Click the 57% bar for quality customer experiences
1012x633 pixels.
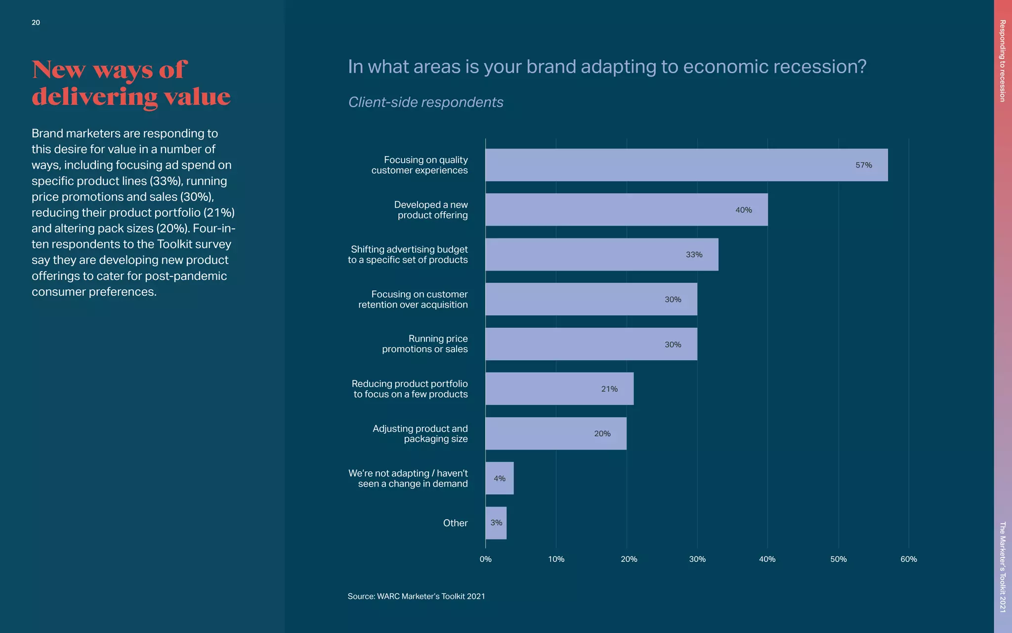pyautogui.click(x=686, y=165)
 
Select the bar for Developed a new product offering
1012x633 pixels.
pyautogui.click(x=626, y=210)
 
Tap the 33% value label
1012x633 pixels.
pyautogui.click(x=694, y=255)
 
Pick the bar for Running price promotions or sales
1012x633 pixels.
pyautogui.click(x=591, y=344)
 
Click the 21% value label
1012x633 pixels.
pyautogui.click(x=609, y=389)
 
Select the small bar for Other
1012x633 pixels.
pyautogui.click(x=496, y=523)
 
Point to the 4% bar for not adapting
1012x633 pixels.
pyautogui.click(x=499, y=478)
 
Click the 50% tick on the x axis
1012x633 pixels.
pyautogui.click(x=838, y=559)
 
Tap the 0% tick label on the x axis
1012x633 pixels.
pyautogui.click(x=485, y=559)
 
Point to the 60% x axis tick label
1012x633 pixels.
pyautogui.click(x=908, y=559)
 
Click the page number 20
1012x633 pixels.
pyautogui.click(x=36, y=22)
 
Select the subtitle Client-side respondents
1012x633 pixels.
pyautogui.click(x=425, y=102)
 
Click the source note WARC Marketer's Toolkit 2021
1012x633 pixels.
pyautogui.click(x=416, y=596)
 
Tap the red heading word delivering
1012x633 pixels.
pyautogui.click(x=94, y=96)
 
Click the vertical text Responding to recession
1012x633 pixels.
pyautogui.click(x=1002, y=61)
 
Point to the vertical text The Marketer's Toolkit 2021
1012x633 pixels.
pyautogui.click(x=1002, y=567)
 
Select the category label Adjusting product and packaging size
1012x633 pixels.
pyautogui.click(x=420, y=434)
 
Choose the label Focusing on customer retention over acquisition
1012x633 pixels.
pyautogui.click(x=413, y=300)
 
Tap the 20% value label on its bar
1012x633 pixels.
pyautogui.click(x=602, y=434)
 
